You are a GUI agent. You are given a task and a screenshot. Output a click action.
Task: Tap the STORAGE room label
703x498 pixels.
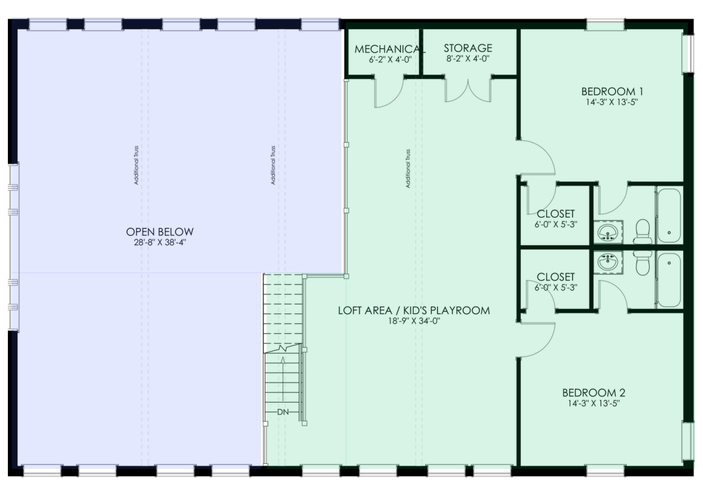tap(468, 48)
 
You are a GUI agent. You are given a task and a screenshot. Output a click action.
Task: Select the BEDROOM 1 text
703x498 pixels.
tap(611, 91)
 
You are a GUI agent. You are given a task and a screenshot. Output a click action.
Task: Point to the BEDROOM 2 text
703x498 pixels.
tap(594, 393)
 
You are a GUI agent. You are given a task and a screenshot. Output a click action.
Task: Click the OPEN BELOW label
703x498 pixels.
tap(159, 232)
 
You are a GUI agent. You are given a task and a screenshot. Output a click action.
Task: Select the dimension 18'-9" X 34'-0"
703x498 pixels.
tap(414, 321)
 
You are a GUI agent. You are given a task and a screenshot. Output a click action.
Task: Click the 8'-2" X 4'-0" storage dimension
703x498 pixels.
tap(468, 58)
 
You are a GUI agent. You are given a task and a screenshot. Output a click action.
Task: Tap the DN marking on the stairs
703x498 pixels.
tap(284, 412)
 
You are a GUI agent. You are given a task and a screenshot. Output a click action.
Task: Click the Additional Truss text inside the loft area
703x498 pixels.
tap(409, 168)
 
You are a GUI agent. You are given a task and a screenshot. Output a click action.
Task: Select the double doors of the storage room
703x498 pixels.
tap(468, 90)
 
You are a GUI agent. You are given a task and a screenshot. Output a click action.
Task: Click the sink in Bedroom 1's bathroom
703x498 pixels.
tap(608, 232)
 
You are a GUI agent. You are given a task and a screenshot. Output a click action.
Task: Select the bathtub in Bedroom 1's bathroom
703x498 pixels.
tap(669, 216)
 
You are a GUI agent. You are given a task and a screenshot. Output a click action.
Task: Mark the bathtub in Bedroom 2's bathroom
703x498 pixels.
tap(669, 280)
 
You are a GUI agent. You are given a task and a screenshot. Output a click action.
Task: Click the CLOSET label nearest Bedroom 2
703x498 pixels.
tap(555, 277)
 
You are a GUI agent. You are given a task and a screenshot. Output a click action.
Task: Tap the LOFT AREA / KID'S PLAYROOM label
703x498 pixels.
tap(414, 310)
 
